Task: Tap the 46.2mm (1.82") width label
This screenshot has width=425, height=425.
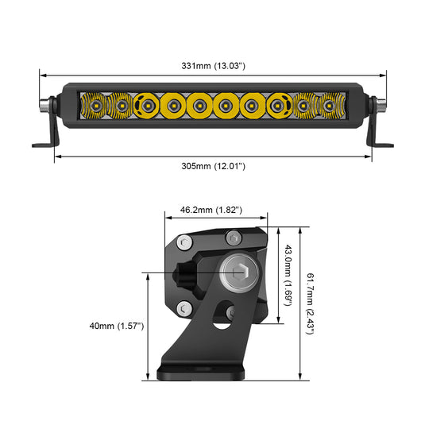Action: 211,209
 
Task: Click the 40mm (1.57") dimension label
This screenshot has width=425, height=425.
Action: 117,326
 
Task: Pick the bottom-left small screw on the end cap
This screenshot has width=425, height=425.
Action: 184,307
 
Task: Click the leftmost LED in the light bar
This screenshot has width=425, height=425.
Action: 92,104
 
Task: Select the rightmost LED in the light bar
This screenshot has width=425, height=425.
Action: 329,104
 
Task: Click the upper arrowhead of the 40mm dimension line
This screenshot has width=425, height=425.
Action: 148,276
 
